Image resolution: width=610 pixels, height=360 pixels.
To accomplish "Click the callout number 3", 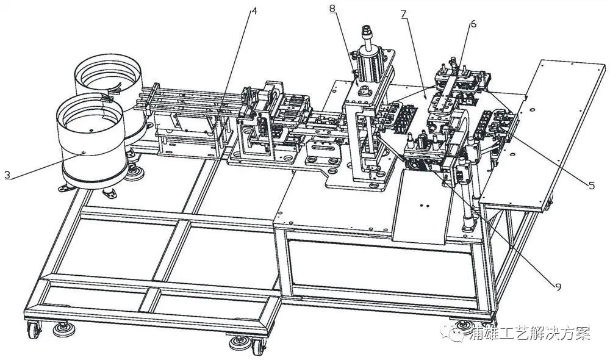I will point(7,175).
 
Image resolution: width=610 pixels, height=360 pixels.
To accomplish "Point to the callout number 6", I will point(473,24).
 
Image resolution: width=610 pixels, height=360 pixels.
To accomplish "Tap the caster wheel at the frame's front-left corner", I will point(34,331).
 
